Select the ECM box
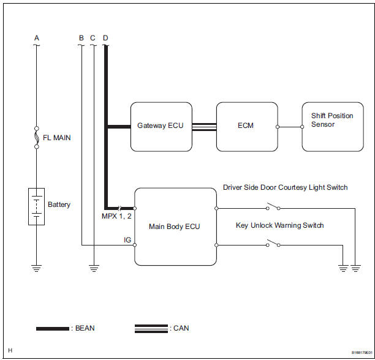tap(246, 126)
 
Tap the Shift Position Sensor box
tap(331, 126)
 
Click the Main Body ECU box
tap(175, 227)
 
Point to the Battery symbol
tap(36, 206)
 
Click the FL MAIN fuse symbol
tap(36, 138)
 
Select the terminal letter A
tap(36, 38)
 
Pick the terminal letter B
tap(81, 38)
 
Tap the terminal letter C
tap(93, 38)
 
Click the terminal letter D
tap(105, 38)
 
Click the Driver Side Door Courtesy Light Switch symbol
tap(273, 208)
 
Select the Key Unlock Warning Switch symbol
tap(273, 245)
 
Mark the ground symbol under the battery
tap(36, 268)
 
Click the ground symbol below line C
tap(93, 268)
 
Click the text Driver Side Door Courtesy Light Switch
tap(285, 187)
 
